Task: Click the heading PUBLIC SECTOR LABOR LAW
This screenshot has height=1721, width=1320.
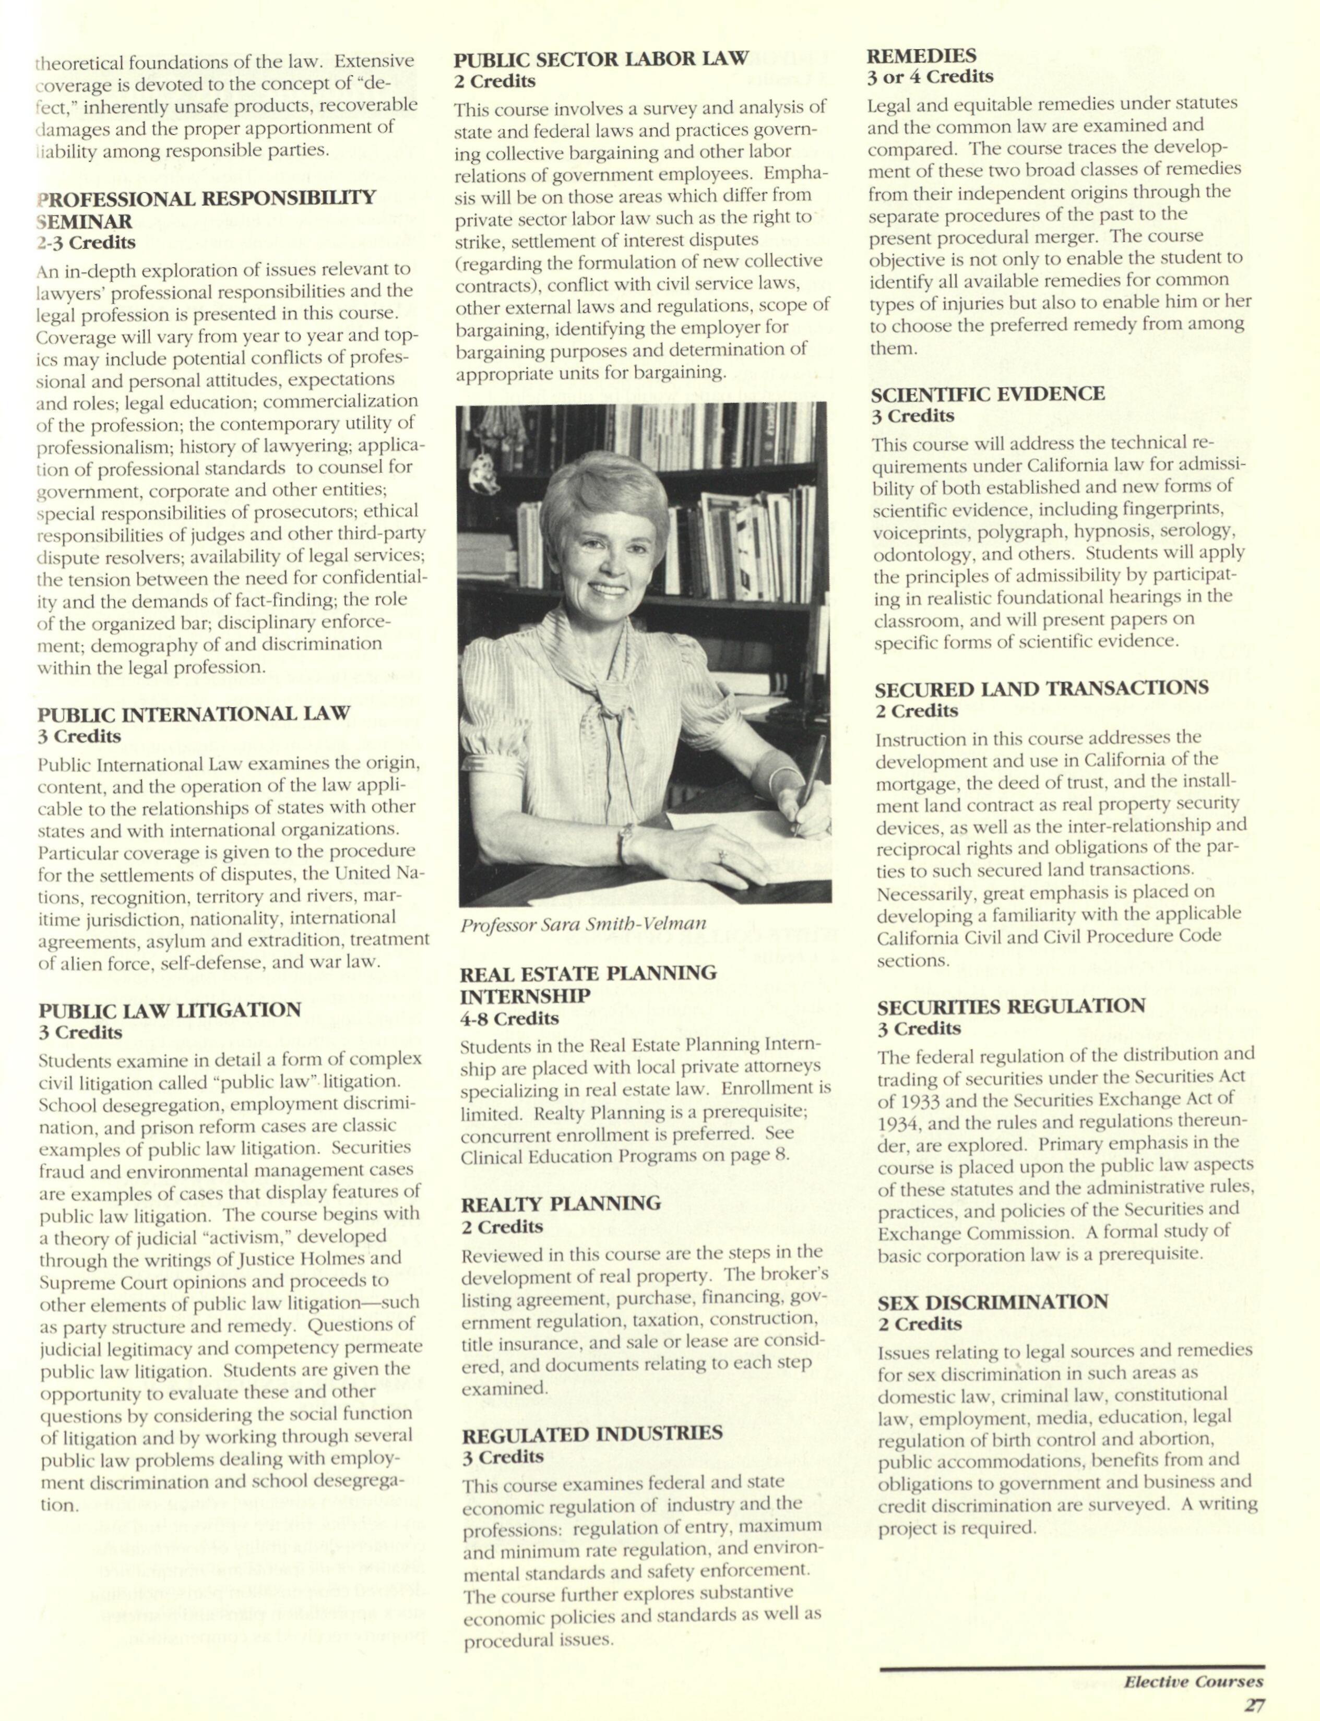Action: coord(601,59)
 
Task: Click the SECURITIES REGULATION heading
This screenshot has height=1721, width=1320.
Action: coord(1011,1006)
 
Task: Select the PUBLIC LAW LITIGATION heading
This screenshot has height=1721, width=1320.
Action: coord(170,1009)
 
